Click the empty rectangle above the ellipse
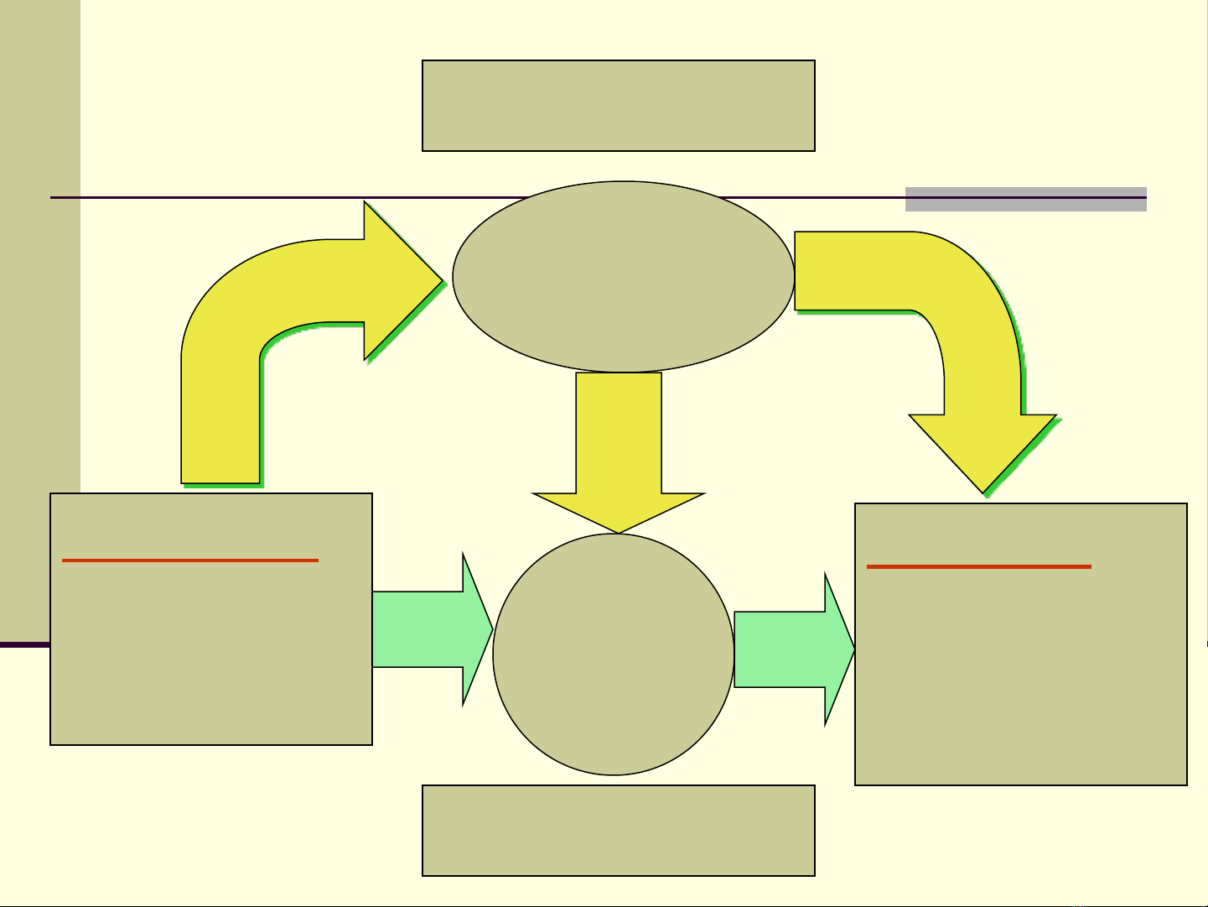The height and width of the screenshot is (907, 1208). [619, 106]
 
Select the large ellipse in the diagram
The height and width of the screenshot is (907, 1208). [623, 276]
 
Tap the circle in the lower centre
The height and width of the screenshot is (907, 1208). [614, 654]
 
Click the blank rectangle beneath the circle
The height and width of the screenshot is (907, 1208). [619, 831]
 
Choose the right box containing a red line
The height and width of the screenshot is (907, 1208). [1021, 671]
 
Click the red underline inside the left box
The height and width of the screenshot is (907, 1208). [190, 560]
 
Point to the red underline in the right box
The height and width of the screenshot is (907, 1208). [979, 567]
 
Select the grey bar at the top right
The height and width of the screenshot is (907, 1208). [1025, 200]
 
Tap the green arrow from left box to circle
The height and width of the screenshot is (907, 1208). [419, 629]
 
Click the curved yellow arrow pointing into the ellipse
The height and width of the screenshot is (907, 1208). [251, 319]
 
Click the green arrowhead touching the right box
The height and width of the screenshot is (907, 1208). [838, 649]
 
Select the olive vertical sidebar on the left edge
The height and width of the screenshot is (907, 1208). [40, 319]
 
